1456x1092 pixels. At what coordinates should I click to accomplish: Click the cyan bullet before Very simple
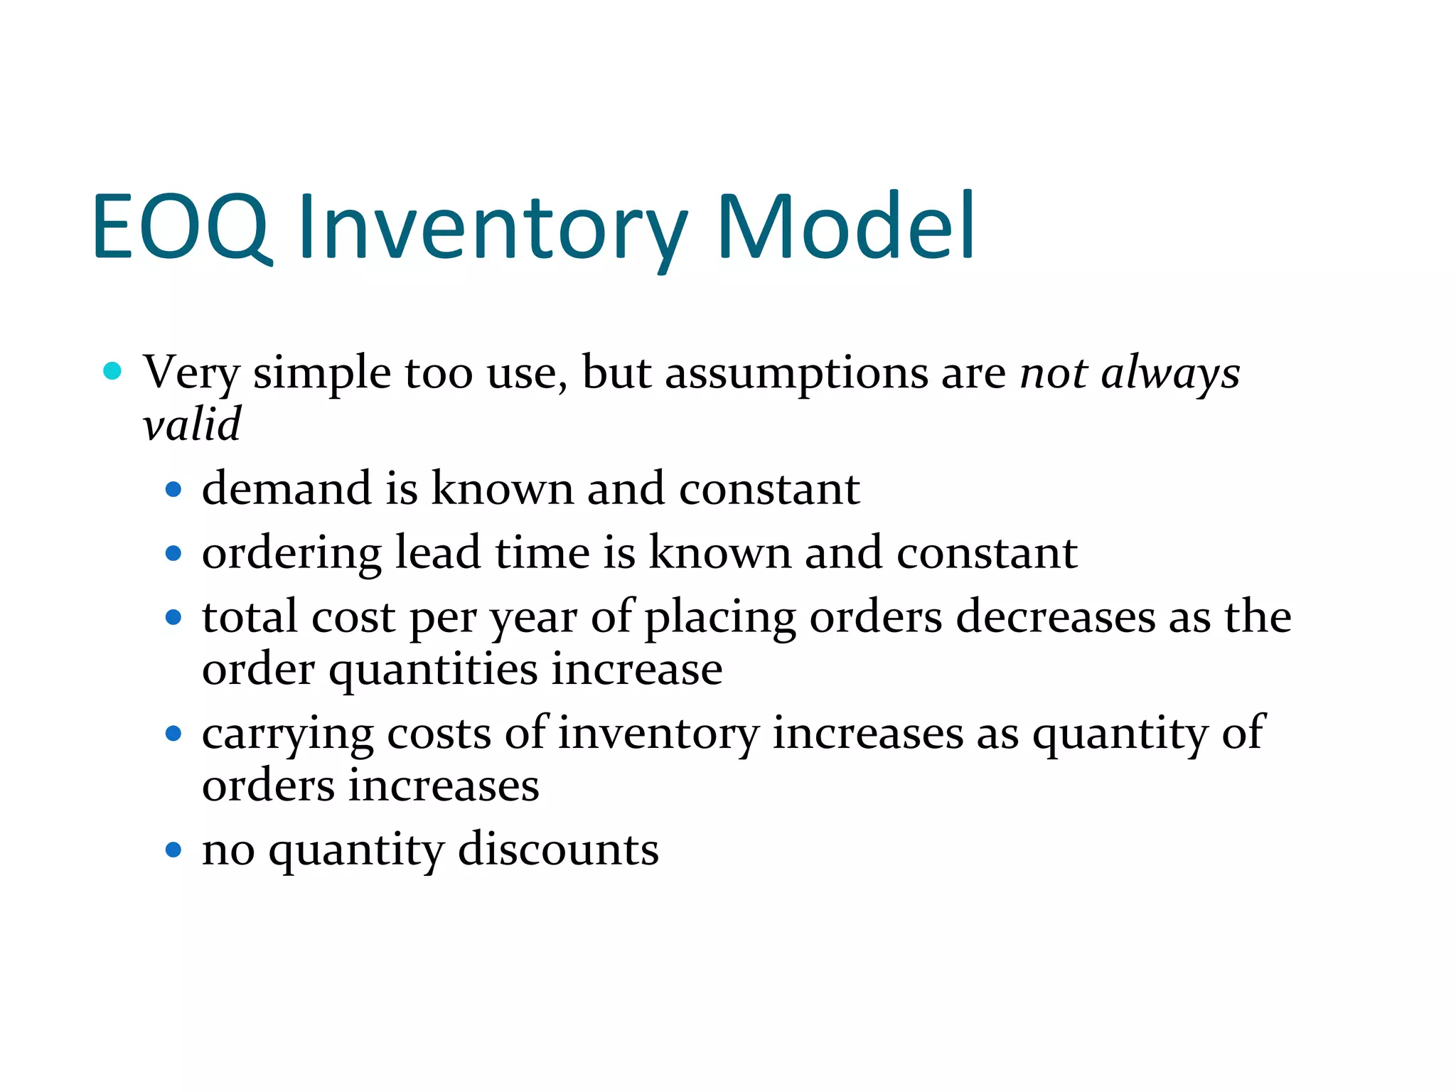tap(112, 370)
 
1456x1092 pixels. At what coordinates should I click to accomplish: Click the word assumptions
tap(796, 373)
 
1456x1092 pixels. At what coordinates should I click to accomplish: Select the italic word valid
tap(192, 424)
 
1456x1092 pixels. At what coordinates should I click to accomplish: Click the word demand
tap(287, 489)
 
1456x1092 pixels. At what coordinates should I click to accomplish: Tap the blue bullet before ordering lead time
tap(173, 553)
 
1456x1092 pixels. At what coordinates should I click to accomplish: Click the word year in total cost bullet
tap(533, 618)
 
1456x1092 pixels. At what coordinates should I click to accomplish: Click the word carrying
tap(287, 734)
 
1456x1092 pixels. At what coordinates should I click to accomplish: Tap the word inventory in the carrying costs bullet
tap(658, 734)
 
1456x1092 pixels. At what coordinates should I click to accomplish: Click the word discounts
tap(558, 850)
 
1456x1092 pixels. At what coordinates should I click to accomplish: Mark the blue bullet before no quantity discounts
tap(173, 850)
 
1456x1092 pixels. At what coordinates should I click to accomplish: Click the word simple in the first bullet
tap(321, 373)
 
